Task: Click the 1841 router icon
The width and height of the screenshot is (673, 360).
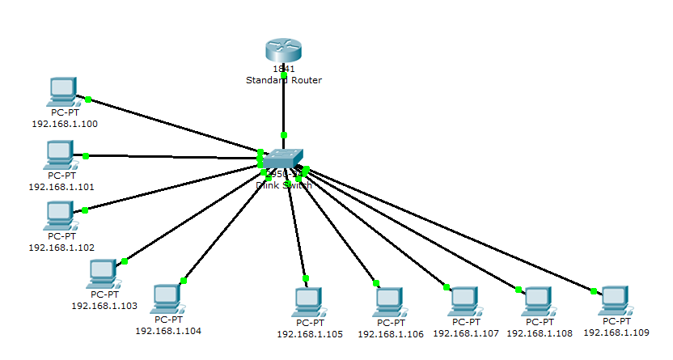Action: click(284, 51)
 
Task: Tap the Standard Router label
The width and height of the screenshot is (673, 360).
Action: click(284, 80)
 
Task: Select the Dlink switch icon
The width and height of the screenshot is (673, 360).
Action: click(285, 159)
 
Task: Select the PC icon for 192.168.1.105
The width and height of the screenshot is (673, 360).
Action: click(308, 302)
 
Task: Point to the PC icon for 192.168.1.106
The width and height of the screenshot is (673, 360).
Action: click(390, 302)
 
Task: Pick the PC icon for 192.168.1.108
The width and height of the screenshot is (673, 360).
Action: click(538, 301)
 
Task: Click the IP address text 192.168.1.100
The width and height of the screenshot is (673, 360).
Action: click(65, 124)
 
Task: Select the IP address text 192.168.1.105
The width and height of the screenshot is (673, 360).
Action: click(310, 333)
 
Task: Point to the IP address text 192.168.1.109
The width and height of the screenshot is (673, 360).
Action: click(616, 332)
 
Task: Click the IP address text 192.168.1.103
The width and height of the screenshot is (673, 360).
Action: click(104, 306)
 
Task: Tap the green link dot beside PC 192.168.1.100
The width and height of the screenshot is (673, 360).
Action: click(88, 100)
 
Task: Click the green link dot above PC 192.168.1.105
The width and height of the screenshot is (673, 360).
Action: click(306, 277)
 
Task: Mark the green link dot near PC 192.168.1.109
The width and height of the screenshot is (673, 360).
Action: click(593, 290)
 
